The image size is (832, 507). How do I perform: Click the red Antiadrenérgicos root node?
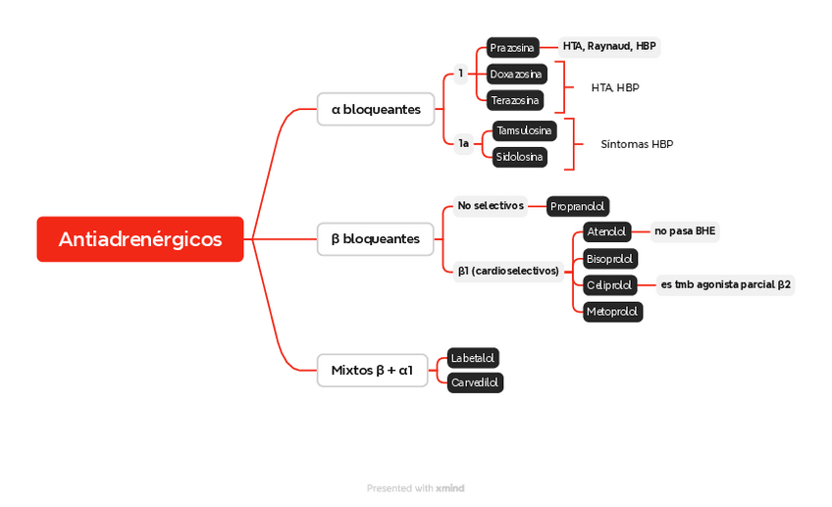140,239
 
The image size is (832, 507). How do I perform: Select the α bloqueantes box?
376,110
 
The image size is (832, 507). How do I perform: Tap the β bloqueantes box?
376,239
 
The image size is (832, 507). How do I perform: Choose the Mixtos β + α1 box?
373,371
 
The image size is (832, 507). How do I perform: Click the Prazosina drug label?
513,48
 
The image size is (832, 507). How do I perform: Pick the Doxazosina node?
517,75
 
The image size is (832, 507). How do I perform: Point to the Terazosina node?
515,100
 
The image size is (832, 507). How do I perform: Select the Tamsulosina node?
525,130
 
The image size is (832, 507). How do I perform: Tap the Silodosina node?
520,157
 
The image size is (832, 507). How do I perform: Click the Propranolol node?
578,207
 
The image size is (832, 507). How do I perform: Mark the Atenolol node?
606,232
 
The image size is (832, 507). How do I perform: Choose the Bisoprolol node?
610,259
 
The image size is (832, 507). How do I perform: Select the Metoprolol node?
612,312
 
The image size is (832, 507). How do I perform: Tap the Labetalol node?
473,358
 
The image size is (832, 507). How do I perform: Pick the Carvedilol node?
476,383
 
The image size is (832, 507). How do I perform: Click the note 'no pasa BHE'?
685,232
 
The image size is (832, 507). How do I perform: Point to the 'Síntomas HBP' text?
637,144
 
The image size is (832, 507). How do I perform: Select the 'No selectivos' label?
491,206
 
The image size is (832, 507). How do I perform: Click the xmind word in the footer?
450,488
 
